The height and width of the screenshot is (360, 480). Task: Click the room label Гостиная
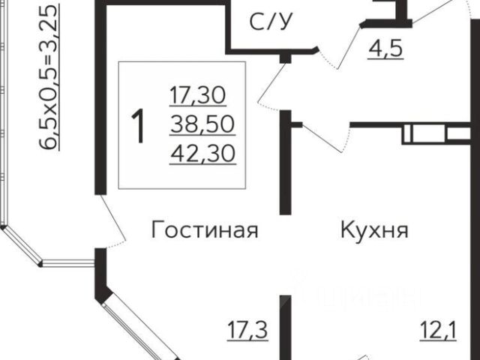(x=204, y=229)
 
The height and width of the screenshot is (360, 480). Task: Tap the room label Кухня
(x=373, y=229)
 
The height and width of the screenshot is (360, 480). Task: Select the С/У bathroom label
(x=271, y=23)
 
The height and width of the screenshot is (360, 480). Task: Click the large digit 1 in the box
(x=138, y=125)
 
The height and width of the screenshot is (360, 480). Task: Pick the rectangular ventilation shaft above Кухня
(x=424, y=136)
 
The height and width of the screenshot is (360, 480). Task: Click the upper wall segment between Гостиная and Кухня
(x=285, y=162)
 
